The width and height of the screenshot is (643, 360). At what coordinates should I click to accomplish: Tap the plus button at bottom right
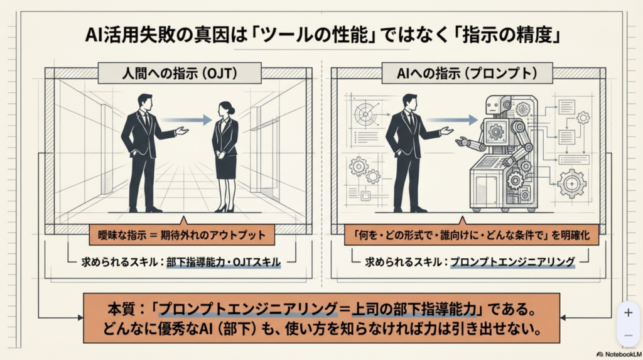628,312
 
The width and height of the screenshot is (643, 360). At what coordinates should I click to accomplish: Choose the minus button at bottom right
628,335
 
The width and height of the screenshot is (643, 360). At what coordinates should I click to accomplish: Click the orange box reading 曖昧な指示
180,236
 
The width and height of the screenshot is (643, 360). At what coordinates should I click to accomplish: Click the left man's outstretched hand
182,131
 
